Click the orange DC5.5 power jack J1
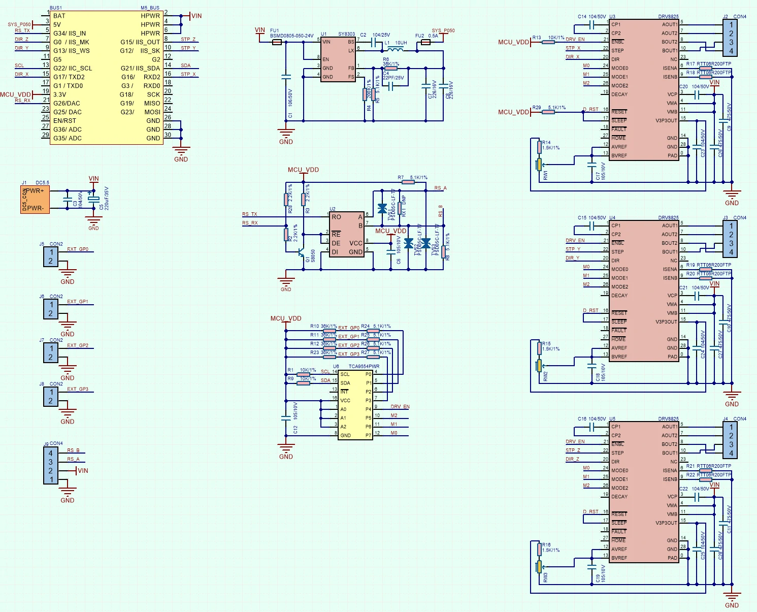pyautogui.click(x=35, y=200)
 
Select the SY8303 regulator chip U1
pyautogui.click(x=338, y=59)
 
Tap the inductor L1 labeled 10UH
pyautogui.click(x=396, y=50)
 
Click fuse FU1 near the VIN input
pyautogui.click(x=277, y=42)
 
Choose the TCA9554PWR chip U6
pyautogui.click(x=355, y=404)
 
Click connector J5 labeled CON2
pyautogui.click(x=51, y=257)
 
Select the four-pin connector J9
pyautogui.click(x=50, y=467)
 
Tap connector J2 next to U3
pyautogui.click(x=731, y=38)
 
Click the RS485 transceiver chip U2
pyautogui.click(x=347, y=234)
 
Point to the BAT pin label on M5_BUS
pyautogui.click(x=59, y=16)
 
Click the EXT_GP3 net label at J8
pyautogui.click(x=78, y=389)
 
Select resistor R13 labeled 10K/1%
pyautogui.click(x=548, y=42)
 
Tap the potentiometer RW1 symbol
pyautogui.click(x=539, y=164)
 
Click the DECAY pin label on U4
pyautogui.click(x=619, y=295)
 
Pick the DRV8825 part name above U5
pyautogui.click(x=668, y=419)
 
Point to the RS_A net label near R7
pyautogui.click(x=440, y=188)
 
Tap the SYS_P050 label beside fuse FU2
pyautogui.click(x=443, y=30)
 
